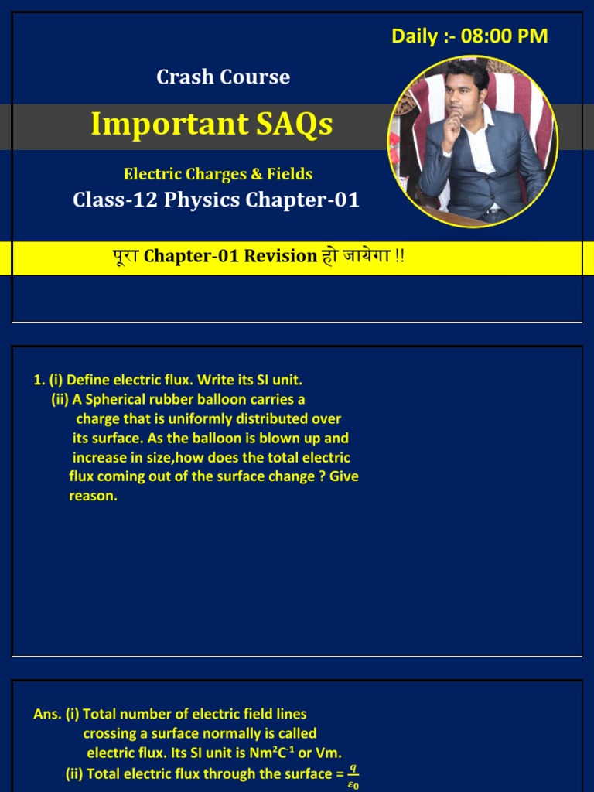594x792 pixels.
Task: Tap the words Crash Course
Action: [x=223, y=77]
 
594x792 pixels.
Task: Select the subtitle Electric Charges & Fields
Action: [x=218, y=174]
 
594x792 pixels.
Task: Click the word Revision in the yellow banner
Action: [x=281, y=256]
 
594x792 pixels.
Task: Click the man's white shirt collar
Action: [x=479, y=124]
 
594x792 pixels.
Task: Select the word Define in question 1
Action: [x=88, y=380]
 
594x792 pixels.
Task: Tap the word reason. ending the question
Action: [x=93, y=496]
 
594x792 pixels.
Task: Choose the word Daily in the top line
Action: [x=415, y=36]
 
